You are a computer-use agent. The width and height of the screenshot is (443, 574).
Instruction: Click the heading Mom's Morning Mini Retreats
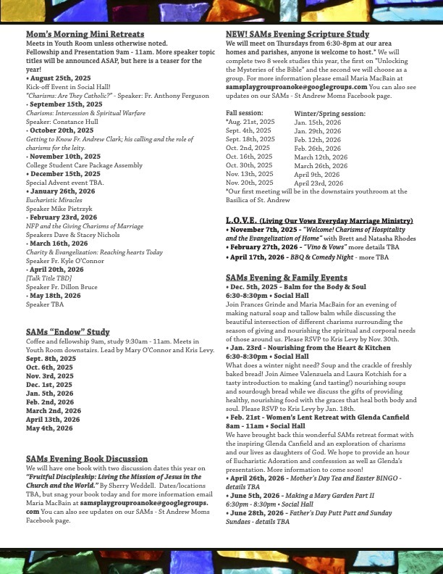pyautogui.click(x=85, y=34)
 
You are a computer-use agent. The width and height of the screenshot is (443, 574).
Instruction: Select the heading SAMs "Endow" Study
pyautogui.click(x=68, y=332)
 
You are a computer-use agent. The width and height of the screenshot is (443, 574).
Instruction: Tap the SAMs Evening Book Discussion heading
pyautogui.click(x=87, y=459)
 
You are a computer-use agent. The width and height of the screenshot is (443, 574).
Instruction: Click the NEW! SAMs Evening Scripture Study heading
pyautogui.click(x=297, y=34)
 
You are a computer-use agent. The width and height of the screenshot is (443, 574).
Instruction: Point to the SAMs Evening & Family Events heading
pyautogui.click(x=286, y=278)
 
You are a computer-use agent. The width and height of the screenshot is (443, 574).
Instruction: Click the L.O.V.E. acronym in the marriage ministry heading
pyautogui.click(x=241, y=220)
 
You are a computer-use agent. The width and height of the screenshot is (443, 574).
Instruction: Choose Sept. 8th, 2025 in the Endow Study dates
pyautogui.click(x=51, y=358)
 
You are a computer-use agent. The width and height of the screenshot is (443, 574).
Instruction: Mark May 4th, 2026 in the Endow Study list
pyautogui.click(x=49, y=428)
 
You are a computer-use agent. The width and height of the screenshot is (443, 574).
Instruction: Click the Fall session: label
pyautogui.click(x=245, y=114)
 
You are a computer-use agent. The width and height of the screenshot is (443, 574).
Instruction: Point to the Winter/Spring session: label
pyautogui.click(x=329, y=114)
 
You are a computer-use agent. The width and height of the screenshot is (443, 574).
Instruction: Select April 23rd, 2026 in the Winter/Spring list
pyautogui.click(x=318, y=183)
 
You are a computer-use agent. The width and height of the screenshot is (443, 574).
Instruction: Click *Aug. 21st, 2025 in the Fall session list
pyautogui.click(x=250, y=122)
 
